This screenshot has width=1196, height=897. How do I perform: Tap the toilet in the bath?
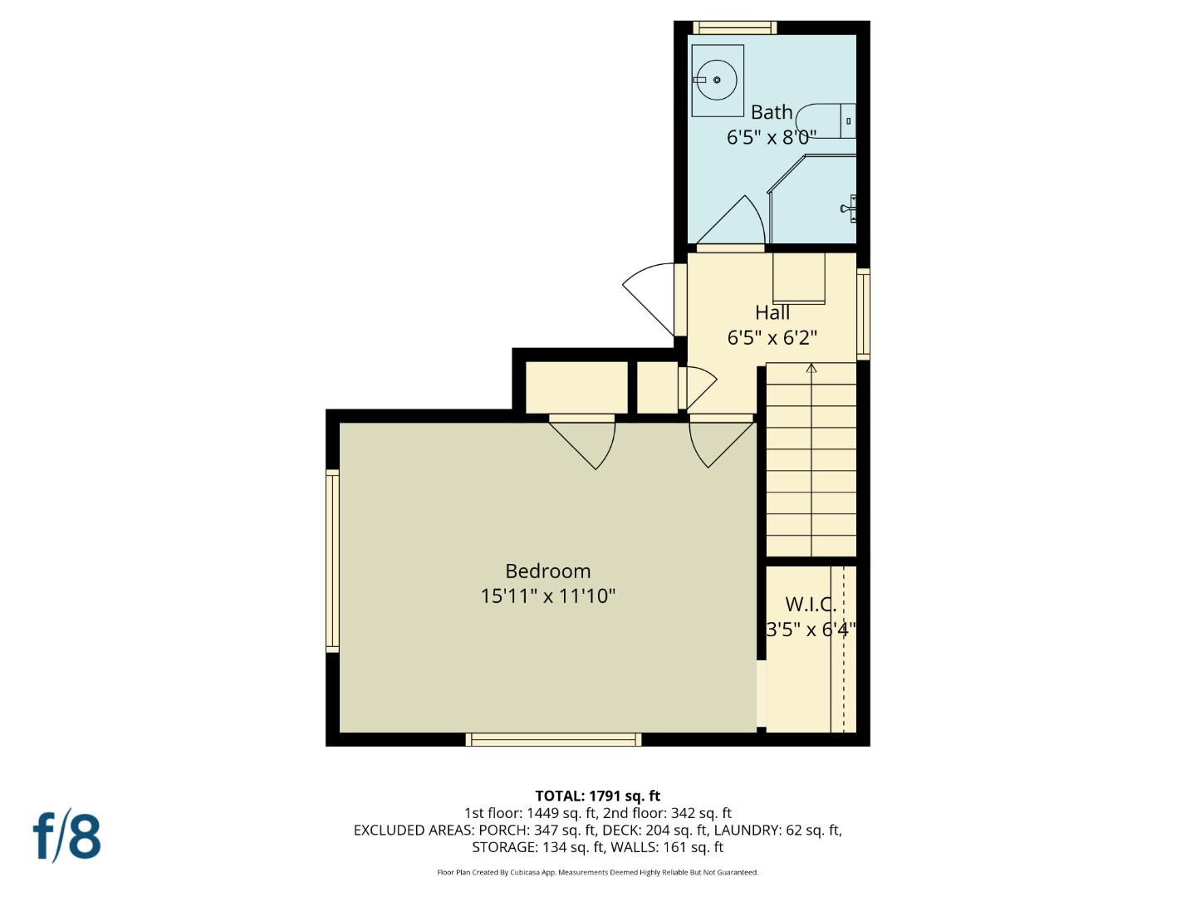pos(835,121)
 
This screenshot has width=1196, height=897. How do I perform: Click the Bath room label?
pos(772,112)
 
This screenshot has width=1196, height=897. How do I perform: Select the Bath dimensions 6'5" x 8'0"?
pos(772,137)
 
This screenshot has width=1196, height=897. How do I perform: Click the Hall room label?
pos(772,313)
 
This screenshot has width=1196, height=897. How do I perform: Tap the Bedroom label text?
pos(548,571)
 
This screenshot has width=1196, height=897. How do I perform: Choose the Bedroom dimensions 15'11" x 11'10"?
pos(548,596)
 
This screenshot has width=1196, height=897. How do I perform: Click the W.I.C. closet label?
pos(811,605)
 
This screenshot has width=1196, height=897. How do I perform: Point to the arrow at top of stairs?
pos(811,368)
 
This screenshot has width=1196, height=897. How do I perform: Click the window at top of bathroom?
pos(734,27)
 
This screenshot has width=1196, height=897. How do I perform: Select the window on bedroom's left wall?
pos(332,560)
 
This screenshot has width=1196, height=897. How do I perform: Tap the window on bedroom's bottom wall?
pos(553,739)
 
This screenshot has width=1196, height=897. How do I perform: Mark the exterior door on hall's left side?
pos(653,297)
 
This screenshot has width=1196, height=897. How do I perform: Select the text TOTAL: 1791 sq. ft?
pos(597,796)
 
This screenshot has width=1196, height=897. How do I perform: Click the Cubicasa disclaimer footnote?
pos(597,872)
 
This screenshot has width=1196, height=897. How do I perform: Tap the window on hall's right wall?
pos(863,314)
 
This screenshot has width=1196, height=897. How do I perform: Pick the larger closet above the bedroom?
pos(577,387)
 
